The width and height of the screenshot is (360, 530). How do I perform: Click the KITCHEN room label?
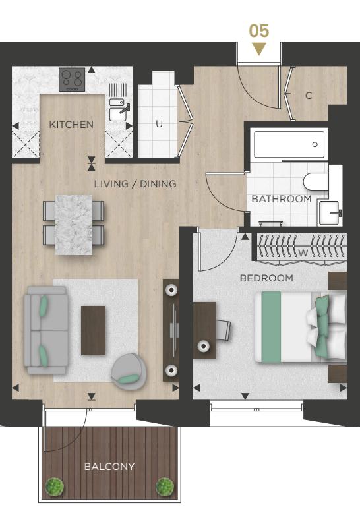point(71,125)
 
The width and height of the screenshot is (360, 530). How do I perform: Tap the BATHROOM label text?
point(282,199)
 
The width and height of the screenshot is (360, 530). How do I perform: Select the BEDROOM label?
point(266,278)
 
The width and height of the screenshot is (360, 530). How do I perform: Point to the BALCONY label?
point(109,467)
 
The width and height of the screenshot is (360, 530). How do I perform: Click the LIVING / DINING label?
point(135,184)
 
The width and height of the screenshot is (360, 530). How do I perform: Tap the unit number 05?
point(259,31)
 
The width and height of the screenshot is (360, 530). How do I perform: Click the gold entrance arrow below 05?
point(259,49)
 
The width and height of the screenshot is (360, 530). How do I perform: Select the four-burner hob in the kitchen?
point(72,79)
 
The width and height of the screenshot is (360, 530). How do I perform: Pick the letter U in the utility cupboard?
point(159,124)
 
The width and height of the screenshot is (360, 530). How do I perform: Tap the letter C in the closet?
point(309,96)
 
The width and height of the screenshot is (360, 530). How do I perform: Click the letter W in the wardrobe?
point(303,252)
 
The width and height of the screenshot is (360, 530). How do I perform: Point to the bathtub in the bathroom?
point(289,144)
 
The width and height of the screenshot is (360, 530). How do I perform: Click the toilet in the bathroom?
point(316,182)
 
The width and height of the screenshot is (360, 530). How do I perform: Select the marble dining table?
point(73,224)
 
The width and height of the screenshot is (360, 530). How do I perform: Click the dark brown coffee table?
point(93,330)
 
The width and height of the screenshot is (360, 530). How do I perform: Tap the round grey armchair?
point(129,372)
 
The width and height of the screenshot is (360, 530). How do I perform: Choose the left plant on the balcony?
point(54,486)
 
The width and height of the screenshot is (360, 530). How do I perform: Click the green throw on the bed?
point(271,327)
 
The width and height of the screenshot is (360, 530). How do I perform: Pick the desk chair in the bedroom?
point(223,329)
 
